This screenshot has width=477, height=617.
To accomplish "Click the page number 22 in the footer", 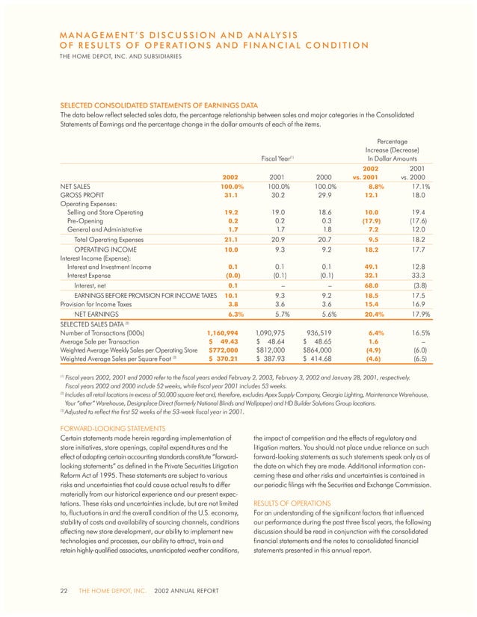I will pyautogui.click(x=64, y=592).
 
